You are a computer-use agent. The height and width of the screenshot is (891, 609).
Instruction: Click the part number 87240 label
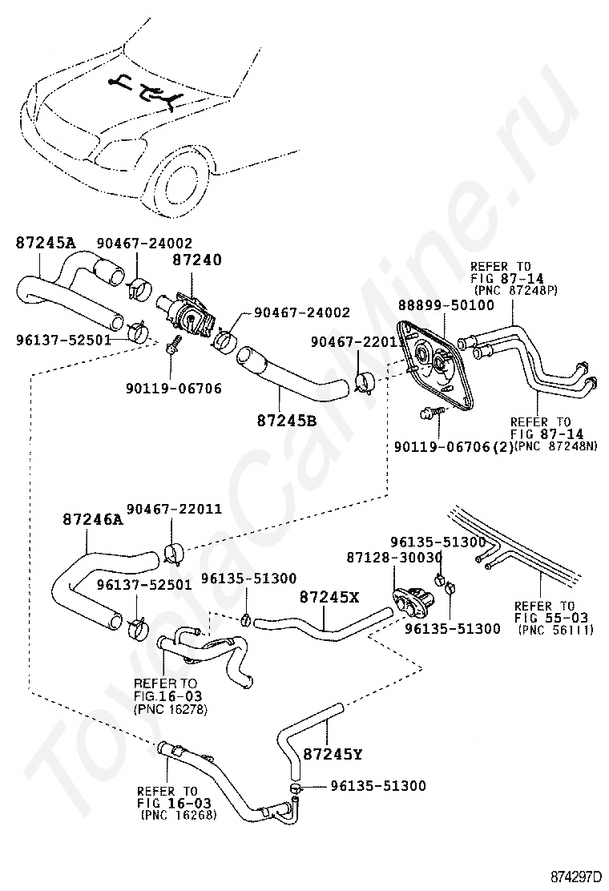pyautogui.click(x=197, y=260)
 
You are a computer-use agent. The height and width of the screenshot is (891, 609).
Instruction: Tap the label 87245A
pyautogui.click(x=45, y=243)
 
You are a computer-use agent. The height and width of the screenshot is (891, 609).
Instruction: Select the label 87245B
pyautogui.click(x=287, y=421)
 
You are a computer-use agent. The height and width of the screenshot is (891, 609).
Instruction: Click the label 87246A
pyautogui.click(x=93, y=518)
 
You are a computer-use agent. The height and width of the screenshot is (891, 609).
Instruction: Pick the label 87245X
pyautogui.click(x=329, y=597)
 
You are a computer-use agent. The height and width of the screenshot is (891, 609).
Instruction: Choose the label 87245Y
pyautogui.click(x=333, y=754)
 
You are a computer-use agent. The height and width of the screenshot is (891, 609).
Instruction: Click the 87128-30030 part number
pyautogui.click(x=394, y=558)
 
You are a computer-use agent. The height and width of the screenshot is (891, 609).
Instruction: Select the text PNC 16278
pyautogui.click(x=171, y=709)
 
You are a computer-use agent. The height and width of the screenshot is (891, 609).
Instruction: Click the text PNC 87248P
pyautogui.click(x=517, y=290)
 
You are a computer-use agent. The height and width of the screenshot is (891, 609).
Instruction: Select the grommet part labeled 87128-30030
pyautogui.click(x=413, y=603)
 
